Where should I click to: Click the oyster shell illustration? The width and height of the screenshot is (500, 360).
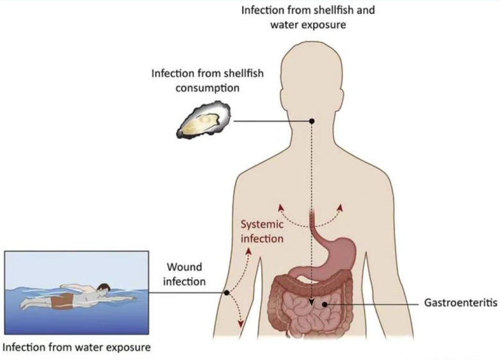click(204, 122)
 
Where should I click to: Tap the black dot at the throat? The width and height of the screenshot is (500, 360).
click(312, 121)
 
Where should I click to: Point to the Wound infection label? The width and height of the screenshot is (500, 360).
click(184, 274)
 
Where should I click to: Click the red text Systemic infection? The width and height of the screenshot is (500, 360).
click(262, 231)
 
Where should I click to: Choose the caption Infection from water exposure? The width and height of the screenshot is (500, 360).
click(77, 348)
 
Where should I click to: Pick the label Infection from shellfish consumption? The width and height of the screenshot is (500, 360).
click(207, 80)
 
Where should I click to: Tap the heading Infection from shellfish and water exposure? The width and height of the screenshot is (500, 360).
click(308, 18)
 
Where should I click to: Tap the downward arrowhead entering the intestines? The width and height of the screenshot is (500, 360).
click(311, 306)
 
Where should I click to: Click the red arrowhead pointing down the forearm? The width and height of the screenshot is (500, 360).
click(241, 325)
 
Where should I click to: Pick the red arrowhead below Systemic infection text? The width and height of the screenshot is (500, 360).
click(250, 248)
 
